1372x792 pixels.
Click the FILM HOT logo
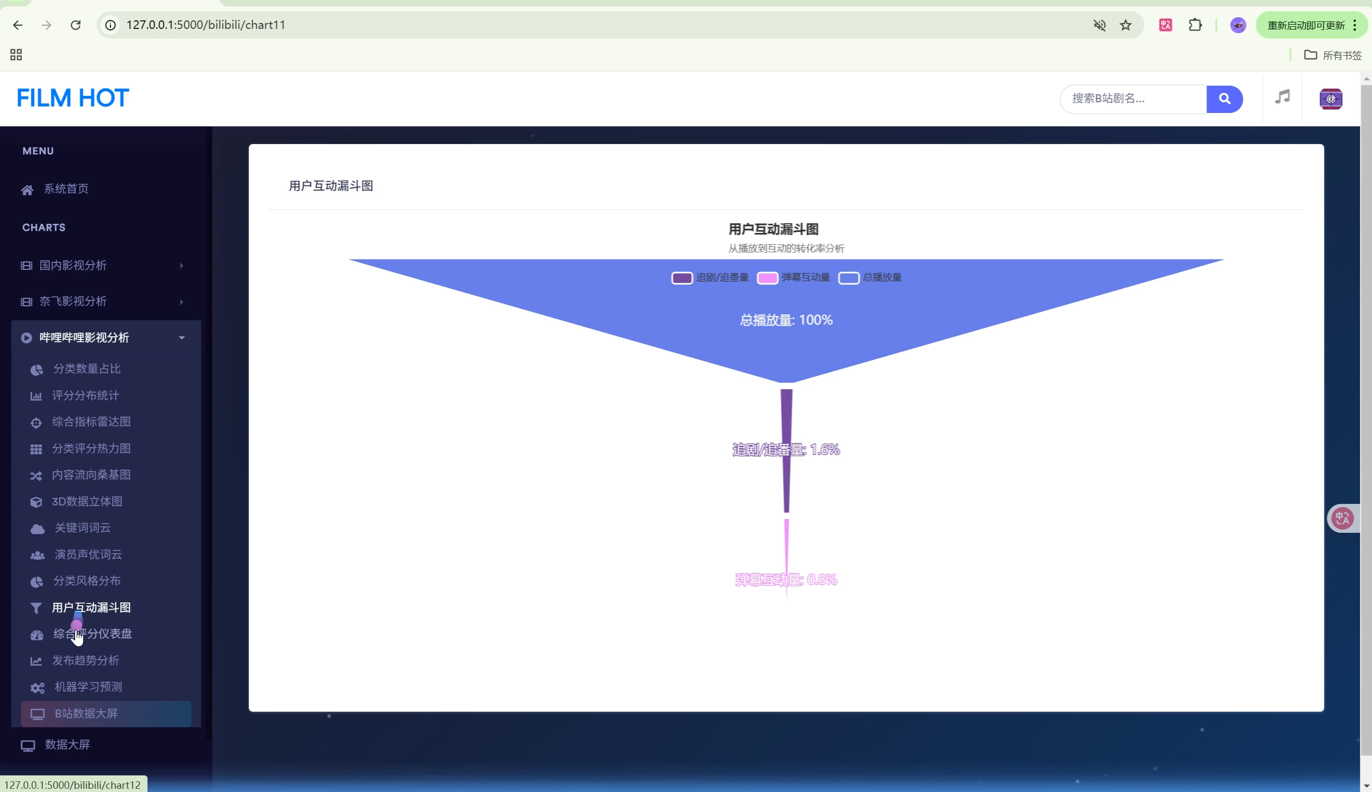[x=72, y=99]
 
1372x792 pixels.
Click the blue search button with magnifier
[x=1224, y=99]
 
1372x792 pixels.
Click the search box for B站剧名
[x=1132, y=99]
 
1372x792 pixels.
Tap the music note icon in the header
[x=1282, y=97]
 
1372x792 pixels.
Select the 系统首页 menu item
[x=66, y=188]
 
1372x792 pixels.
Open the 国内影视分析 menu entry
[x=73, y=266]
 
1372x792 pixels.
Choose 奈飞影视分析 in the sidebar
[x=73, y=301]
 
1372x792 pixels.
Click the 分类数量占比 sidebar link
[x=86, y=369]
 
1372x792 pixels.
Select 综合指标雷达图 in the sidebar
[x=91, y=422]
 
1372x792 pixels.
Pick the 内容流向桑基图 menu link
[x=91, y=475]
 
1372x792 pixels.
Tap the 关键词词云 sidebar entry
[x=82, y=528]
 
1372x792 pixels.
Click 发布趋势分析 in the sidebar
[x=85, y=661]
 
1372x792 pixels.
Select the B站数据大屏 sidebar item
[x=86, y=714]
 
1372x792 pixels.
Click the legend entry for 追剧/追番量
[x=710, y=278]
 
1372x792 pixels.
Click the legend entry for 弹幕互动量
[x=793, y=278]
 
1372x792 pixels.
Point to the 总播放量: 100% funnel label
[x=785, y=320]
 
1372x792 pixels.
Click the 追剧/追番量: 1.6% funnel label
[x=785, y=450]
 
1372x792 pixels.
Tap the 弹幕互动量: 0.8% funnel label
[x=785, y=580]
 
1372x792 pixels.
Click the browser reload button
[x=76, y=25]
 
